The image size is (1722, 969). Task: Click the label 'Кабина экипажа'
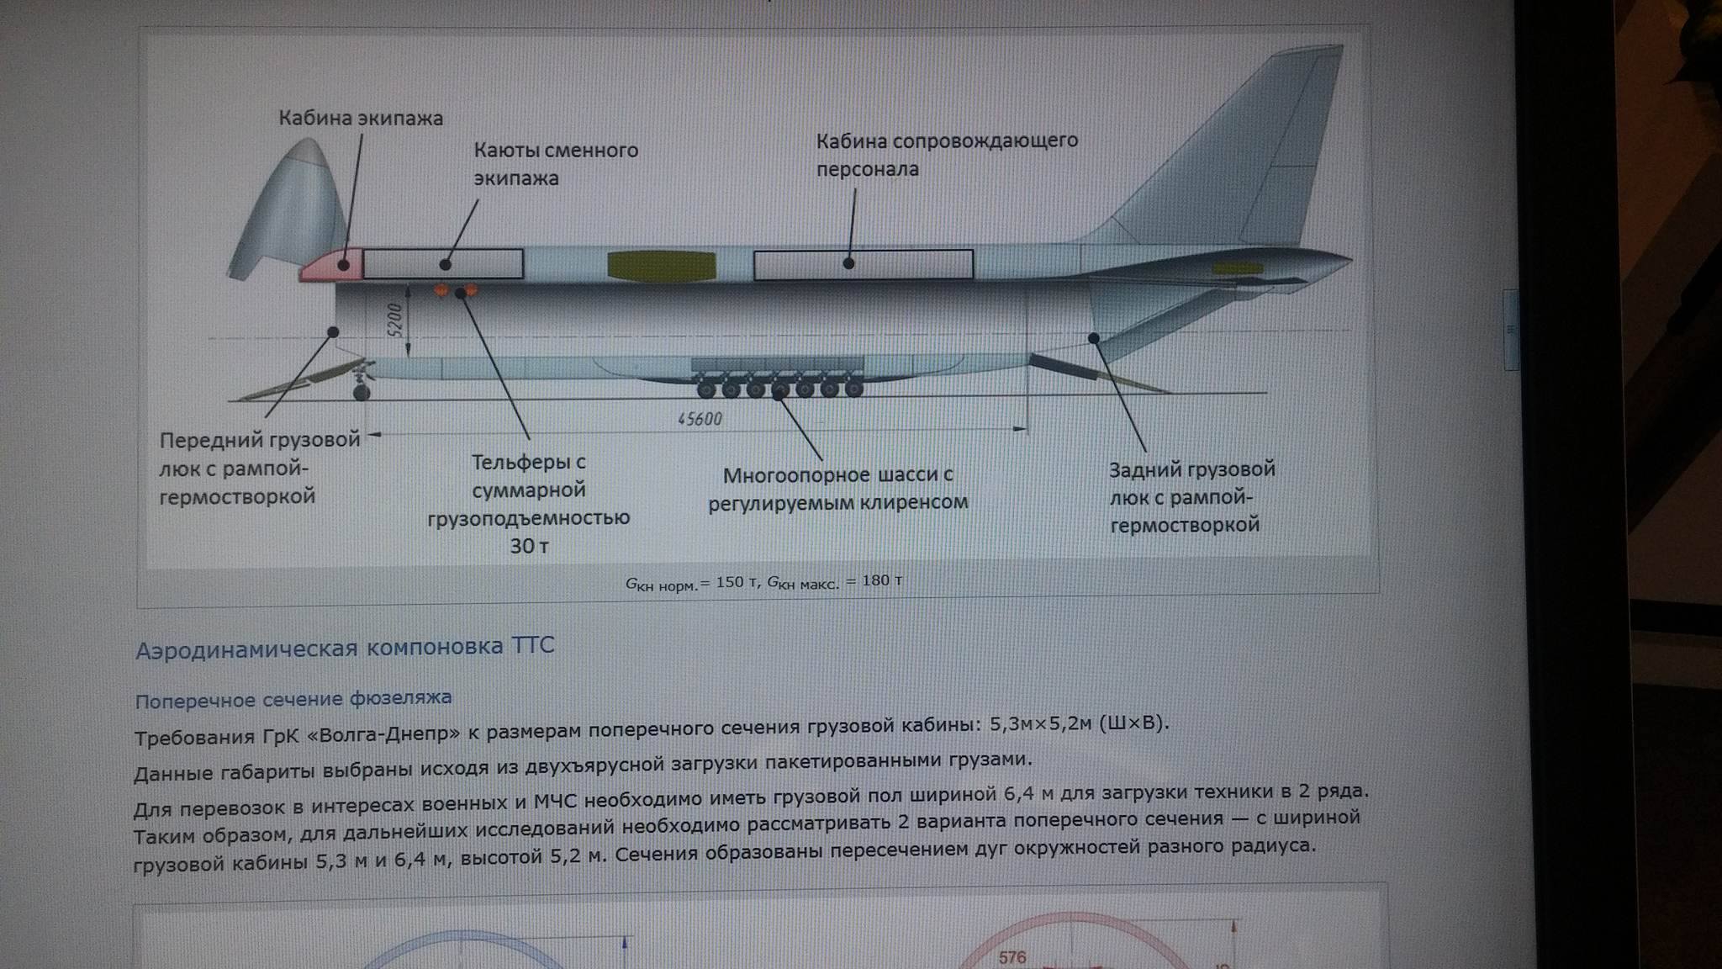coord(361,118)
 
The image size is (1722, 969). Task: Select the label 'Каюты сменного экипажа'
coord(556,164)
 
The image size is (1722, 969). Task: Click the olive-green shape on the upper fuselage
coord(661,265)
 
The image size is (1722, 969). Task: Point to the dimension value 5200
coord(395,320)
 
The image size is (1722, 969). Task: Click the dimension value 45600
coord(700,419)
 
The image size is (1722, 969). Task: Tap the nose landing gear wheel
coord(362,391)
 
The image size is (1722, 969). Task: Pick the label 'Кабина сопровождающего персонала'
coord(947,154)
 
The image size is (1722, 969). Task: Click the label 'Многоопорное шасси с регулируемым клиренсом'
coord(838,489)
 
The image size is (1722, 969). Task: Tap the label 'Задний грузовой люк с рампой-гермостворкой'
coord(1191,497)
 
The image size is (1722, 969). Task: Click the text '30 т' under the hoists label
coord(529,546)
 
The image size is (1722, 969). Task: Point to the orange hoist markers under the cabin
coord(455,291)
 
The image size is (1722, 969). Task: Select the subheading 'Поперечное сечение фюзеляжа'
coord(293,699)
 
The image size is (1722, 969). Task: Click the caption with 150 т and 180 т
coord(763,582)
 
